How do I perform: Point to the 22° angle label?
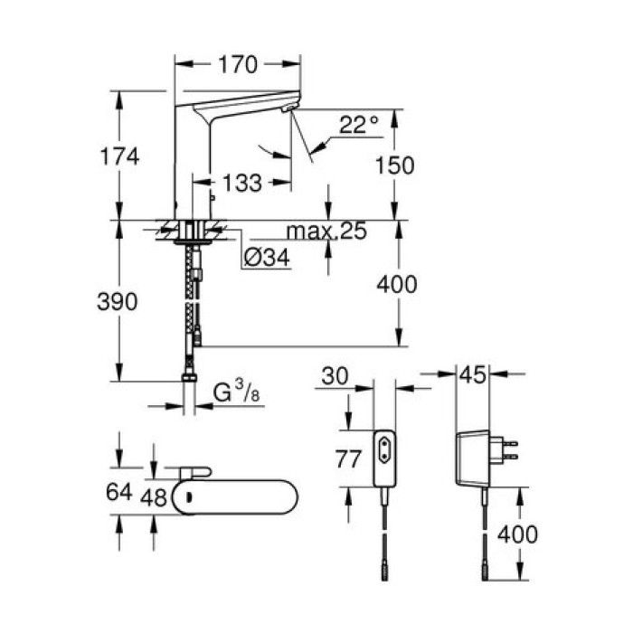point(359,125)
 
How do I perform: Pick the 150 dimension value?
point(396,165)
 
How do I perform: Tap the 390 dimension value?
point(118,302)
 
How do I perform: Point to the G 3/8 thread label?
point(232,394)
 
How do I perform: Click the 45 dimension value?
point(472,375)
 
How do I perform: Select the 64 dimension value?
point(118,493)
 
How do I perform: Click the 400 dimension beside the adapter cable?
point(517,534)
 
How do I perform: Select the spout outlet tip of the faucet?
point(288,109)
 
